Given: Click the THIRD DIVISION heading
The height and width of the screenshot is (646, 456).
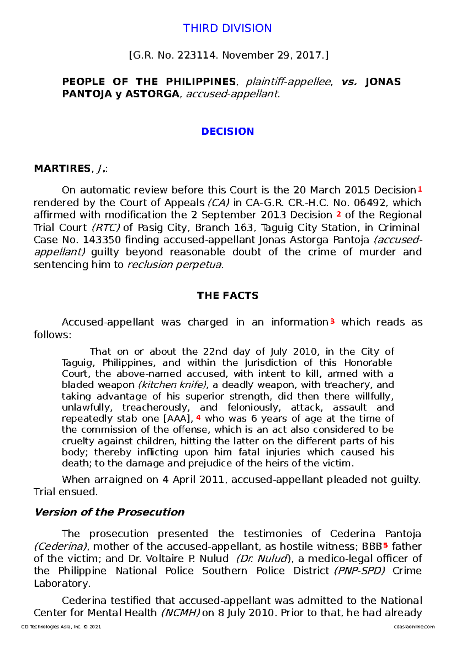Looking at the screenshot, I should (227, 28).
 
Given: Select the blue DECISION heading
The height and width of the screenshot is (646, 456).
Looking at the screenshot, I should (227, 132).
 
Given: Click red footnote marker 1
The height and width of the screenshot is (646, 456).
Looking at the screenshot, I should (420, 189).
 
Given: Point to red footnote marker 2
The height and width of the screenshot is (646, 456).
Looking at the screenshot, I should (339, 214).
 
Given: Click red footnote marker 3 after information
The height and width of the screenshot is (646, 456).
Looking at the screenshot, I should (332, 321).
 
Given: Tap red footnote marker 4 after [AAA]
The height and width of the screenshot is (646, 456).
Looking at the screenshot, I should (198, 418).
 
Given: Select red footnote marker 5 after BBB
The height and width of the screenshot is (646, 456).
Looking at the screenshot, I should (386, 546).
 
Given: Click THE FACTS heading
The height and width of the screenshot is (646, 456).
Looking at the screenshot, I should (227, 296).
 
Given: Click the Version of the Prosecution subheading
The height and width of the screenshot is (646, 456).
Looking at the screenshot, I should (109, 512).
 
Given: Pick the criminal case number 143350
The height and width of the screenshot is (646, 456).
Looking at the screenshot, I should (102, 240).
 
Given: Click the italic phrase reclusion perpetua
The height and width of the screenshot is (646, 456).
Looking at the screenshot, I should (174, 265).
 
